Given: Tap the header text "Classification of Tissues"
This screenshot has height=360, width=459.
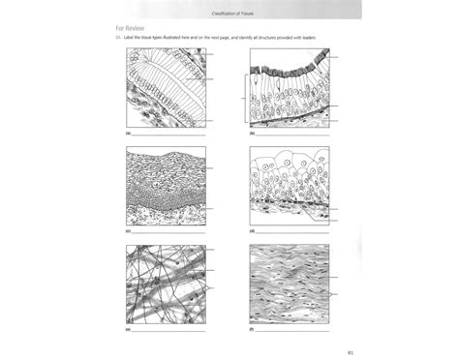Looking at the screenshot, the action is [x=229, y=10].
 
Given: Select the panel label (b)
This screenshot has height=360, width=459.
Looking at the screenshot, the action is [x=251, y=135].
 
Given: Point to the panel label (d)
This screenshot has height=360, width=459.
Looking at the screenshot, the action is [x=251, y=232].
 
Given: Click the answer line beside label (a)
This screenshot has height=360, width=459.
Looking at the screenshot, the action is [x=169, y=135].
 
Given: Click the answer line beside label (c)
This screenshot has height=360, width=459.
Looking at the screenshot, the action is [x=169, y=233].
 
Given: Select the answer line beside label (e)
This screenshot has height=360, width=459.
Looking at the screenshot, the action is [x=169, y=329].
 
